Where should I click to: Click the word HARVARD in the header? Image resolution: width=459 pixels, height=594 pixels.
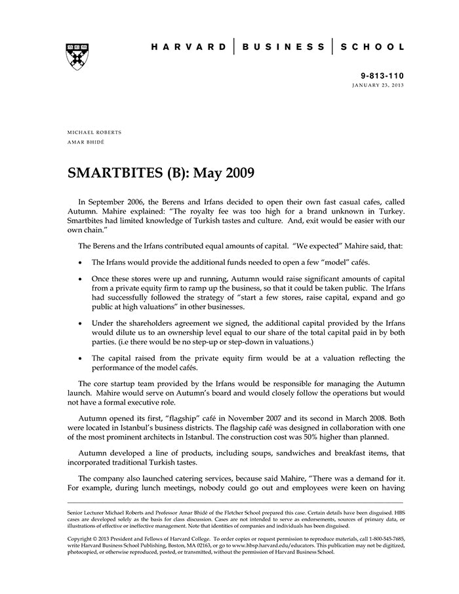pyautogui.click(x=188, y=47)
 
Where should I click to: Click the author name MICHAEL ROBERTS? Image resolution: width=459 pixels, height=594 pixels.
pyautogui.click(x=94, y=132)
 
